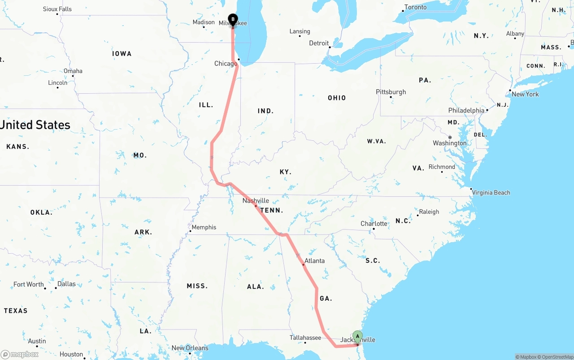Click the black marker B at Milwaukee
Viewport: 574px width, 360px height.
pos(233,19)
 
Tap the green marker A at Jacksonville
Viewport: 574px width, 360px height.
pos(357,336)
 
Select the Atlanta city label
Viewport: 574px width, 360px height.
pos(314,260)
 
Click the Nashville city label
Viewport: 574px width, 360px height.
pos(256,200)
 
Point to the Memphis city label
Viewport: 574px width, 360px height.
pos(204,227)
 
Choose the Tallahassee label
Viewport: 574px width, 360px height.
pos(305,338)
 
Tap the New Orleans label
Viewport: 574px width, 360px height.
pos(190,348)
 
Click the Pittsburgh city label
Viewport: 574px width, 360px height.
pos(391,92)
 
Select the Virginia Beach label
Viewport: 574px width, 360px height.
pos(491,193)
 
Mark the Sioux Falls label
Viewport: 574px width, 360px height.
pos(57,9)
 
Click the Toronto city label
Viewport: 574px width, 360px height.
pos(415,7)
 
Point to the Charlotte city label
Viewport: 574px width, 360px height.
pos(374,224)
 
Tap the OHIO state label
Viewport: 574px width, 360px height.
pos(337,98)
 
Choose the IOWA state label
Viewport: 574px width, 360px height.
pos(122,54)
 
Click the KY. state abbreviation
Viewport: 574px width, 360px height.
pos(285,172)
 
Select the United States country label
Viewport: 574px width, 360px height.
pos(35,125)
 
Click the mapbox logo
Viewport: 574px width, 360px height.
pos(20,354)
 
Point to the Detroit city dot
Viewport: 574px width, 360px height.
pos(329,47)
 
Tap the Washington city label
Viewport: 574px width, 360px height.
pos(449,143)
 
